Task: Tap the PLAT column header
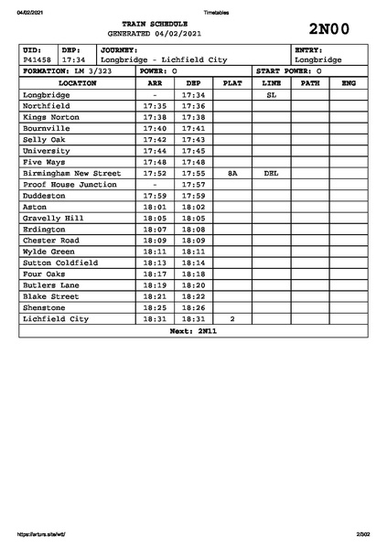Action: point(232,82)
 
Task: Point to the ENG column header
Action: point(348,82)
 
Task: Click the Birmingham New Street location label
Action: point(71,172)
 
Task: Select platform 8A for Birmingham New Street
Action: point(232,172)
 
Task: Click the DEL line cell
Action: point(271,172)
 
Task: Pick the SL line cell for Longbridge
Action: point(271,94)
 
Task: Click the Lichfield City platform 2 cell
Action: point(232,318)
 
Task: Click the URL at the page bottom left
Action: point(41,533)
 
